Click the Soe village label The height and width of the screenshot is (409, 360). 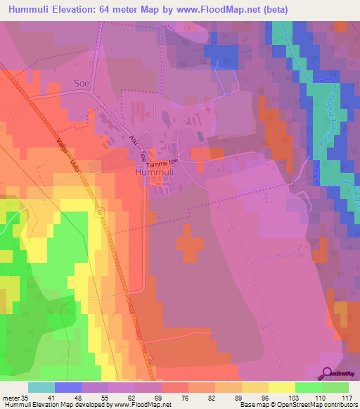83,83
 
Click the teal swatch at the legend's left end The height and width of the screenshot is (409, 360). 41,387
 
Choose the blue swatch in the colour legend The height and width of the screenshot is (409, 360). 68,387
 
